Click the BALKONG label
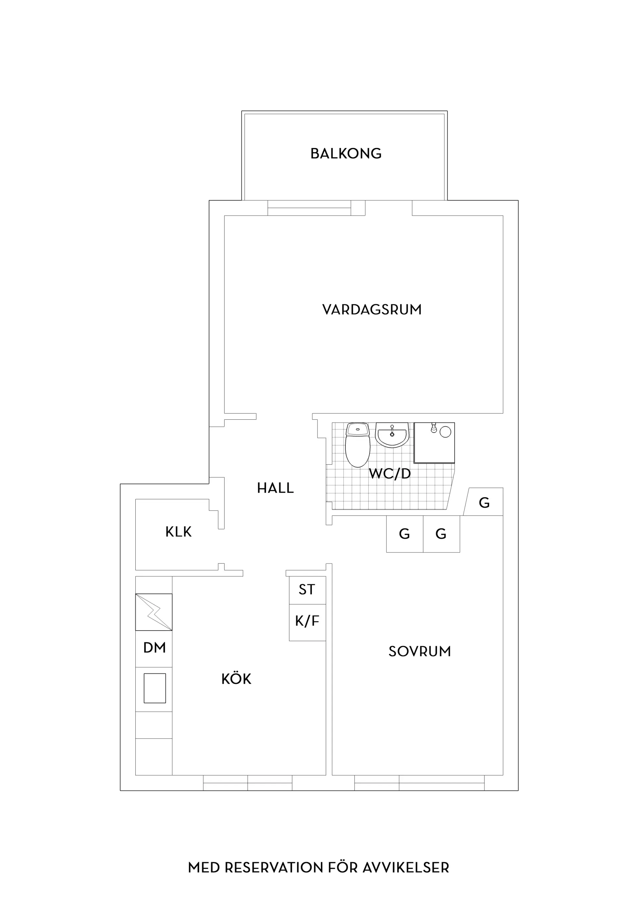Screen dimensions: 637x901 pos(346,154)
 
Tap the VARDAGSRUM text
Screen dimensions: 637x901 pos(372,310)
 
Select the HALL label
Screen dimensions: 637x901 pos(275,488)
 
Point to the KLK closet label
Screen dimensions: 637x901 pos(178,532)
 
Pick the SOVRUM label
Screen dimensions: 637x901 pos(420,652)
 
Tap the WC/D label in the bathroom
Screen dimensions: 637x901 pos(390,474)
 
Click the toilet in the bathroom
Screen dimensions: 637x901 pos(358,445)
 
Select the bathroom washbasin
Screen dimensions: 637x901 pos(392,435)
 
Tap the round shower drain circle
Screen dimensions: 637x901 pos(445,432)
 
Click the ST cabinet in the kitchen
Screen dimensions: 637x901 pos(307,590)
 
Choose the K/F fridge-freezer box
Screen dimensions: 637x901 pos(307,622)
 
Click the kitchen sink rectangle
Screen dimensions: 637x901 pos(155,688)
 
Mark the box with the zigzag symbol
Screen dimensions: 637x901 pos(154,612)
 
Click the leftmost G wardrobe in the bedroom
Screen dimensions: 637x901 pos(405,534)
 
